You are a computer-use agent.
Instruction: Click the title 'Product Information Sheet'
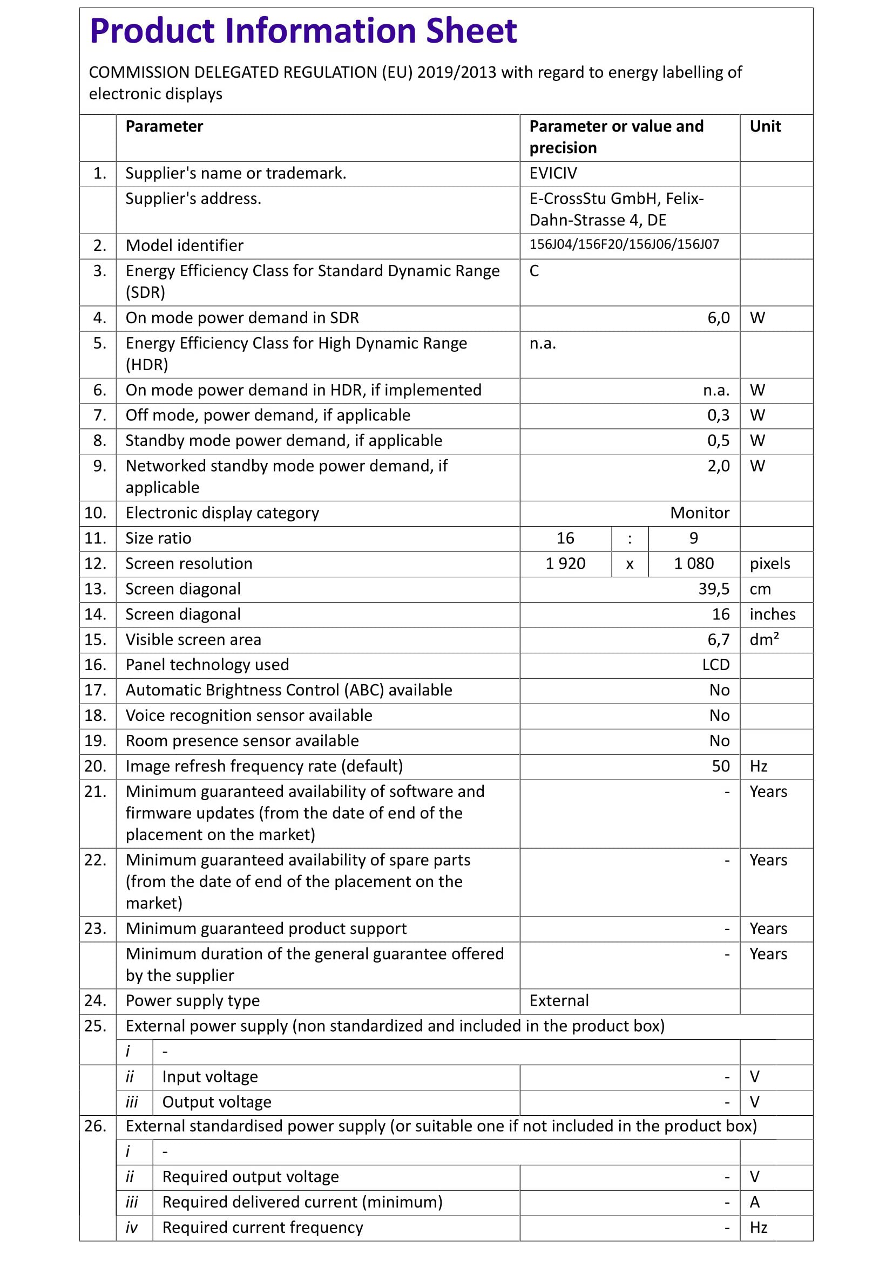(x=303, y=31)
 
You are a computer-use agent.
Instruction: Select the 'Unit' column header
(x=765, y=126)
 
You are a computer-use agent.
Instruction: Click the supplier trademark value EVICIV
(x=553, y=173)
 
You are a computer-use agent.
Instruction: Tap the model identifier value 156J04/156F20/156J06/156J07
(x=624, y=244)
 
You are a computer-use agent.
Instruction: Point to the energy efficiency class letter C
(x=534, y=271)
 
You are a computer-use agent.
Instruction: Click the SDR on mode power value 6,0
(x=718, y=318)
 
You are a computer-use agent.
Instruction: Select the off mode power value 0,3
(x=718, y=415)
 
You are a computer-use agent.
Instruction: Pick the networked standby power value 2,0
(x=718, y=466)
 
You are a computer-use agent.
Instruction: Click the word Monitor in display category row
(x=699, y=513)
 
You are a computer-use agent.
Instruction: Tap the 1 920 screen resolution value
(x=565, y=563)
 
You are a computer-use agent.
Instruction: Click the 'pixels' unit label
(x=769, y=563)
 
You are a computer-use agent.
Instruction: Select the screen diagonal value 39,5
(x=714, y=589)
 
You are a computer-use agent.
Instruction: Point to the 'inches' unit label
(x=772, y=614)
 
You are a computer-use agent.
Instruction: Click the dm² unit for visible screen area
(x=764, y=639)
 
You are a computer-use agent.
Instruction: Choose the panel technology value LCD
(x=715, y=665)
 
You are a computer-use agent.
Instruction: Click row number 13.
(x=95, y=589)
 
